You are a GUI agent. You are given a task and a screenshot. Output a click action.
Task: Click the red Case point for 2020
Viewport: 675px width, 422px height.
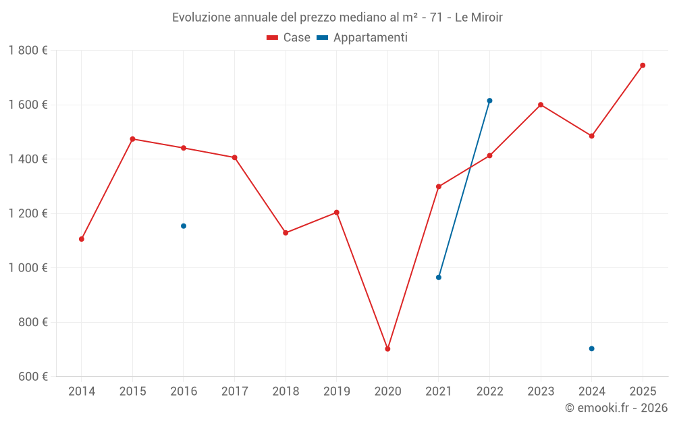click(387, 349)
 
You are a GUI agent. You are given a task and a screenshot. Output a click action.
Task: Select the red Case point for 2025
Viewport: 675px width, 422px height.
click(643, 65)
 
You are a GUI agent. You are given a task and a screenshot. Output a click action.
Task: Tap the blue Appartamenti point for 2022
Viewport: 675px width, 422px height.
click(489, 101)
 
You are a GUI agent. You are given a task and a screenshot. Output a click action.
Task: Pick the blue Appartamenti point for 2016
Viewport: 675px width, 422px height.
click(184, 226)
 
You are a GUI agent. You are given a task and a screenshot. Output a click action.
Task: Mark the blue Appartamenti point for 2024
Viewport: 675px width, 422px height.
click(591, 348)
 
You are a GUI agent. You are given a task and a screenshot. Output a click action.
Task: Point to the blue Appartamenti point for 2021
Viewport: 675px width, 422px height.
click(439, 278)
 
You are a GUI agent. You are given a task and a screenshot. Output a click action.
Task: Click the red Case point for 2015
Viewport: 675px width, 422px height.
click(132, 139)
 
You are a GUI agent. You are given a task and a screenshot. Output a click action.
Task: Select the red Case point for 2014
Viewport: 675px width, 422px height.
click(82, 239)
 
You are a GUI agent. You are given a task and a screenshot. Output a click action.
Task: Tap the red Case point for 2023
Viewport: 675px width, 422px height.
click(541, 105)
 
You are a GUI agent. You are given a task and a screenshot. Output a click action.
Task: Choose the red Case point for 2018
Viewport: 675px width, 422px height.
click(286, 233)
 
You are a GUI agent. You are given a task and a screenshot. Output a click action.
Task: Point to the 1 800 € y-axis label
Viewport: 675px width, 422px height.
click(28, 51)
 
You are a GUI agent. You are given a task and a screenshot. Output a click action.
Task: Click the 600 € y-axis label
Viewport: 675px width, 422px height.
click(32, 376)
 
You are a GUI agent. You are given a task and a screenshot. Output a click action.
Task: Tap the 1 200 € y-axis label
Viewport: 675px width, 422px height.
click(28, 213)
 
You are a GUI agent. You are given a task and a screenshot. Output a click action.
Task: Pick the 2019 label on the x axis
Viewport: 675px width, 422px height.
click(336, 391)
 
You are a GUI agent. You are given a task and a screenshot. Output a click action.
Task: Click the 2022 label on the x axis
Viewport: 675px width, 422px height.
click(489, 391)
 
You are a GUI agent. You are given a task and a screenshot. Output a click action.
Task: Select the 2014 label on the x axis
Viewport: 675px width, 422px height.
click(82, 391)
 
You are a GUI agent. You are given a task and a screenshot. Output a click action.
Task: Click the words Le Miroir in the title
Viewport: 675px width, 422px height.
click(479, 18)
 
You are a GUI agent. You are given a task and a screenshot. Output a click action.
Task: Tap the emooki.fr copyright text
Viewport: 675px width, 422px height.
click(616, 408)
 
